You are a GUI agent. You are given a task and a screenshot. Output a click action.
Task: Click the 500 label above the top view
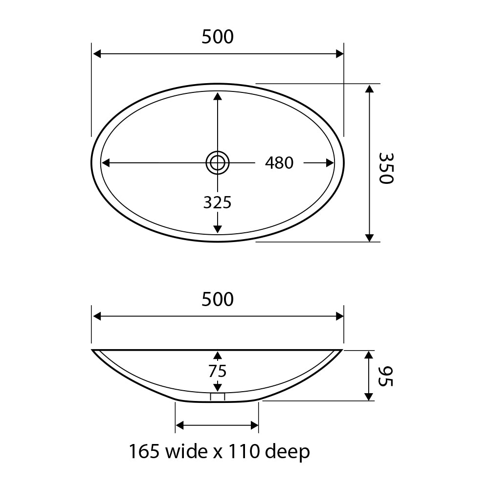(x=218, y=37)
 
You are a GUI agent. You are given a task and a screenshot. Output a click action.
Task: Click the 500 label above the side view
(x=218, y=299)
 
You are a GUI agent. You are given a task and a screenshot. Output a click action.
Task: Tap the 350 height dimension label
(x=386, y=168)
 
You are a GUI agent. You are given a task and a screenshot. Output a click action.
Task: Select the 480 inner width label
(x=279, y=163)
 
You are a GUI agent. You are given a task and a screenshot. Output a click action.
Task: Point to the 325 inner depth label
(x=218, y=202)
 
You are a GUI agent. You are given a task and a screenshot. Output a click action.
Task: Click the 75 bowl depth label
(x=218, y=371)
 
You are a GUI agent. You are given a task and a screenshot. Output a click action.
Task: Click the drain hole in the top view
(x=218, y=163)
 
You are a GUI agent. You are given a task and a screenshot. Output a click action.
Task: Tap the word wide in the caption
(x=186, y=451)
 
